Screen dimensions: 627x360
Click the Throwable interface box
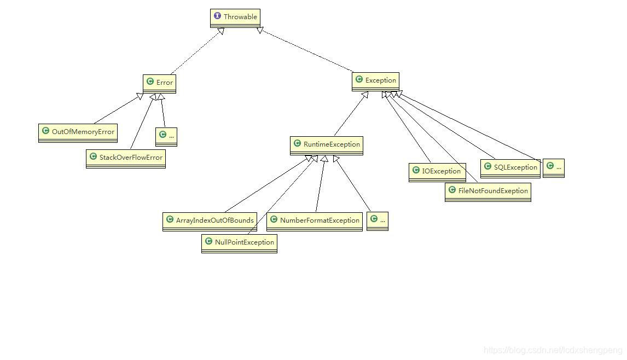tap(235, 17)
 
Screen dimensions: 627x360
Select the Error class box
tap(159, 83)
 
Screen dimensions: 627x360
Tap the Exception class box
tap(375, 80)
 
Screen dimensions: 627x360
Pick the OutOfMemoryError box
tap(78, 132)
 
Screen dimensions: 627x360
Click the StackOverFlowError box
tap(126, 158)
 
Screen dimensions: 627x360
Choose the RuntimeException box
tap(327, 144)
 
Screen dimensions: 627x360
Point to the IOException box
tap(437, 171)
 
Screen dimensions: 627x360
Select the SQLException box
tap(510, 167)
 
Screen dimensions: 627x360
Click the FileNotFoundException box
tap(487, 191)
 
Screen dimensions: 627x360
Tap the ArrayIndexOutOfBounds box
tap(210, 220)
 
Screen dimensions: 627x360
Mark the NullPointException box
tap(239, 242)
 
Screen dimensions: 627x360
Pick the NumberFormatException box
tap(315, 220)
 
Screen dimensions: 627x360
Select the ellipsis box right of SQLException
tap(553, 167)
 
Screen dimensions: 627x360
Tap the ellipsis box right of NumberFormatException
tap(377, 220)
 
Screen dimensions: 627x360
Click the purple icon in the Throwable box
tap(218, 16)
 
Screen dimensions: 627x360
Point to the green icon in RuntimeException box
tap(297, 144)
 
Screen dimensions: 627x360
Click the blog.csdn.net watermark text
tap(553, 350)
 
